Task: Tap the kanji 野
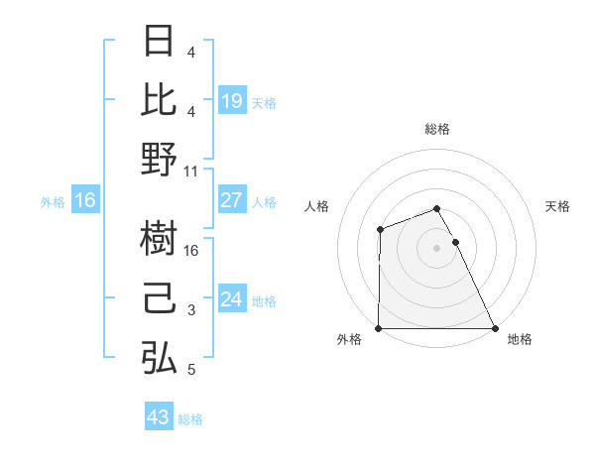[x=159, y=159]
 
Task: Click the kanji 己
[x=159, y=298]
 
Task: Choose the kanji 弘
[x=159, y=358]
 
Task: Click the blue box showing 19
[x=231, y=100]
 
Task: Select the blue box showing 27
[x=231, y=200]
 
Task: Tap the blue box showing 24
[x=231, y=299]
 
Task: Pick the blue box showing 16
[x=85, y=200]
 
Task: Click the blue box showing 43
[x=158, y=417]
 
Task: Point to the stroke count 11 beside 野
[x=192, y=171]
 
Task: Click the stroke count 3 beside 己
[x=191, y=310]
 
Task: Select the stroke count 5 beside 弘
[x=191, y=370]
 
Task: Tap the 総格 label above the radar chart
[x=436, y=129]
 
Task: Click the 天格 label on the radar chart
[x=557, y=206]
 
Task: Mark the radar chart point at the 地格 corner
[x=495, y=328]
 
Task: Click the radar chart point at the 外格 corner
[x=379, y=328]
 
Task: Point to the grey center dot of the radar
[x=436, y=248]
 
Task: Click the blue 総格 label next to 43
[x=190, y=419]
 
